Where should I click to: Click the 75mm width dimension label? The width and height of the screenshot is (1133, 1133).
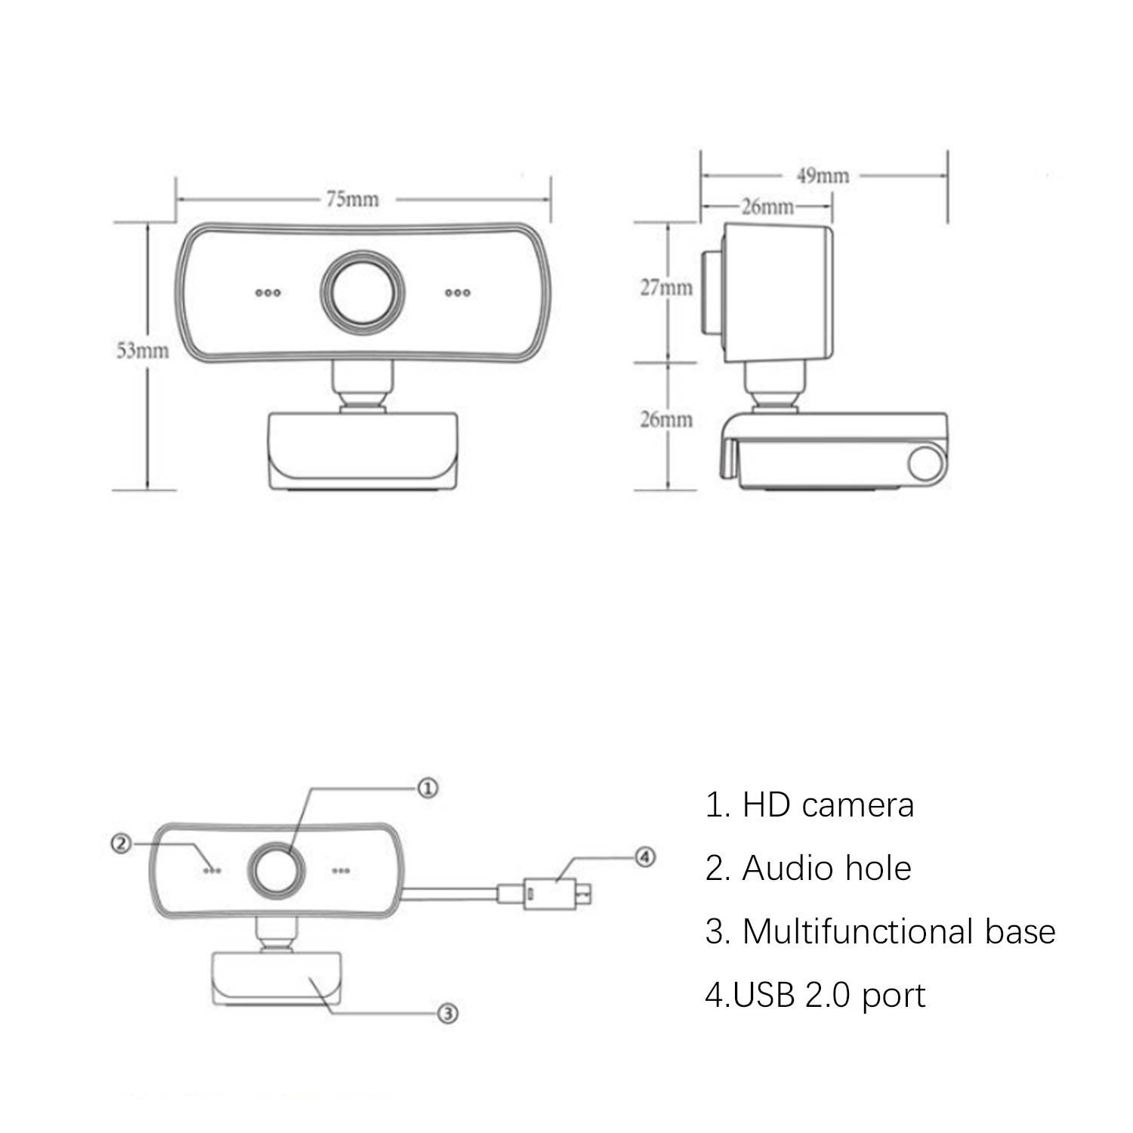[353, 199]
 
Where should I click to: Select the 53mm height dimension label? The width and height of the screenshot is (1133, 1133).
[142, 350]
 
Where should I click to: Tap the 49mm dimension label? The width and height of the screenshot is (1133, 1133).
[823, 176]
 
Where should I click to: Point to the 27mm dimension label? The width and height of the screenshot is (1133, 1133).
[666, 288]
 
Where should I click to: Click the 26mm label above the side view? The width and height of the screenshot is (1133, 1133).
[767, 207]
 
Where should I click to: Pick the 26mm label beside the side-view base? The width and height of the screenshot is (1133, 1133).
[666, 420]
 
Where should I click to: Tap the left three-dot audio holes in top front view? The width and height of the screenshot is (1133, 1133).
[268, 293]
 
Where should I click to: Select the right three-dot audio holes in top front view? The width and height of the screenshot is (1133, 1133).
[458, 293]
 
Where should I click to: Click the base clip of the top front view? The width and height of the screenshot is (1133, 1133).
[363, 449]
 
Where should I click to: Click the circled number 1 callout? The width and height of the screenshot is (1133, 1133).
[428, 789]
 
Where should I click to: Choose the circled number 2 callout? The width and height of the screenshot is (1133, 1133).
[122, 844]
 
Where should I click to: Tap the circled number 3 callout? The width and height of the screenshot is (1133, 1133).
[448, 1014]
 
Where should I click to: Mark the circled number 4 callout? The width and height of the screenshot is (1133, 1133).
[644, 857]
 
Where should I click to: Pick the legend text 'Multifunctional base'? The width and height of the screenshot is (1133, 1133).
[880, 931]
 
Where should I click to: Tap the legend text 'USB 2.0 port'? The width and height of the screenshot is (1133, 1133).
[815, 996]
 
